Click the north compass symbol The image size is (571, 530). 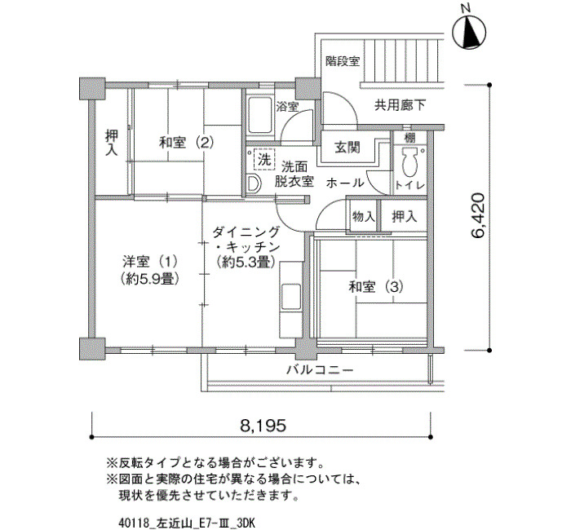coord(469,32)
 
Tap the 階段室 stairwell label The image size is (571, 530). coord(343,61)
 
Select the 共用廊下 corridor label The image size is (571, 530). coord(400,105)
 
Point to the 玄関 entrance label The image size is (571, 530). coord(347,148)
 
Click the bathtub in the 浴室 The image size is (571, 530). coord(259,115)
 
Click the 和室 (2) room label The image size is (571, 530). coord(187,143)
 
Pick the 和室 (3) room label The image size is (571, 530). coord(376,287)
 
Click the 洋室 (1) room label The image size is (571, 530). coord(150,262)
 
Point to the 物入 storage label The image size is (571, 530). coord(364,217)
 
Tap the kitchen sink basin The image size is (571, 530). coord(291,296)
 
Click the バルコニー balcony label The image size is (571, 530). coord(320,370)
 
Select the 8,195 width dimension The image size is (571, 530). coord(263,425)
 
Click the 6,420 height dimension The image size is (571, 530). coord(478,216)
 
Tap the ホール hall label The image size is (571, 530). coord(345,183)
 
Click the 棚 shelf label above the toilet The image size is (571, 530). coord(409,138)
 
